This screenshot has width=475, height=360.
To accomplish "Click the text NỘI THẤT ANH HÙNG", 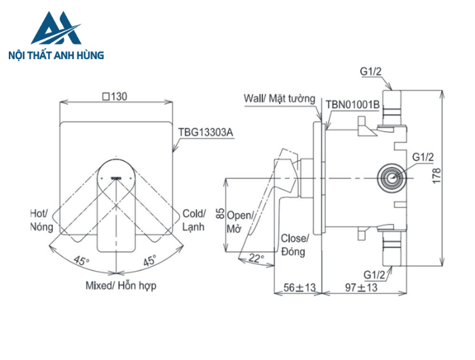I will pyautogui.click(x=56, y=55).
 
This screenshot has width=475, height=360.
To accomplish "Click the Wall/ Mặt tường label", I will pyautogui.click(x=280, y=98).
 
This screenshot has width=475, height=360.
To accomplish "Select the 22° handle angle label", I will pyautogui.click(x=255, y=257).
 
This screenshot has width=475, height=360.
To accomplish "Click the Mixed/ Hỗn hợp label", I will pyautogui.click(x=121, y=285).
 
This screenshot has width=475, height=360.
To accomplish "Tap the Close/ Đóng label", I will pyautogui.click(x=294, y=245).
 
